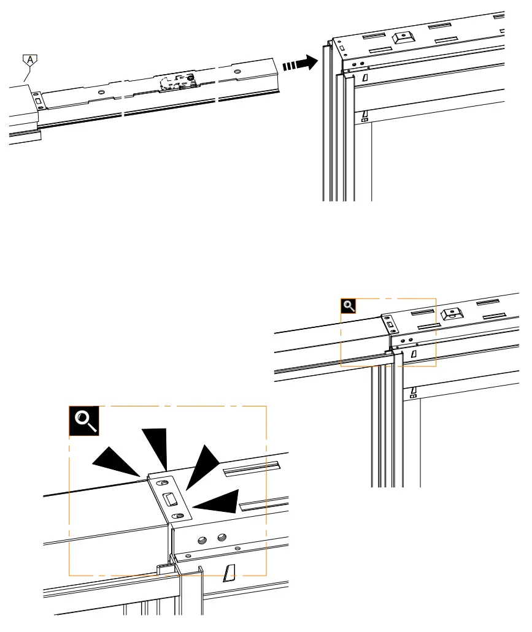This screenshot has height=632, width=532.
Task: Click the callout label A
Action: (29, 61)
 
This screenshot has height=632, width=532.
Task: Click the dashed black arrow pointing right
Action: (300, 63)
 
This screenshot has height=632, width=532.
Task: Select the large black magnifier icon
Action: (83, 421)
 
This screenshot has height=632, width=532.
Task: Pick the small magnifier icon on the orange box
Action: (348, 305)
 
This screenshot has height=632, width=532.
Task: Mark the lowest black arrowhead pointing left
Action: (218, 502)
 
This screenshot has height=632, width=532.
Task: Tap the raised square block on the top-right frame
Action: (403, 37)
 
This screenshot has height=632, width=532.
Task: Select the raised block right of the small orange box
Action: (452, 314)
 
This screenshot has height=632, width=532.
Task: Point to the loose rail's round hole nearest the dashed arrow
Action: (237, 72)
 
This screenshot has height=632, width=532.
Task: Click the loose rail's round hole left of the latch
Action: (101, 93)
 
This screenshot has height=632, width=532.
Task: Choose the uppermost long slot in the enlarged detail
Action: (252, 470)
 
